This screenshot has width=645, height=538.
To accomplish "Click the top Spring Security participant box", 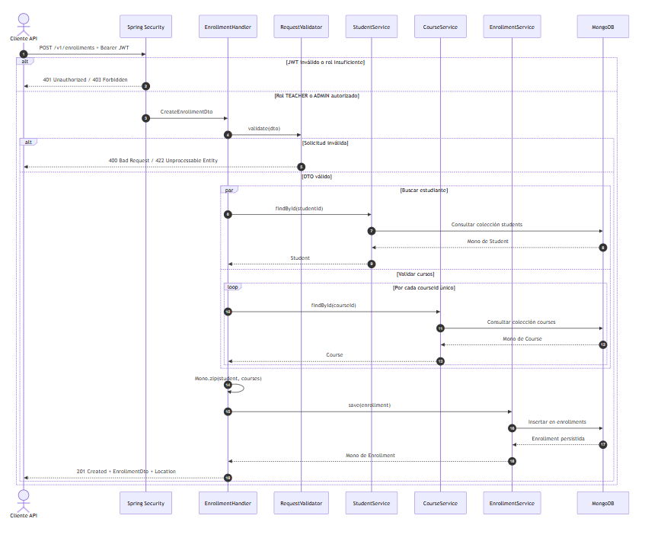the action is (145, 27).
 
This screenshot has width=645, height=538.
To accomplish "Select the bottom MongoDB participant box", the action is (602, 503).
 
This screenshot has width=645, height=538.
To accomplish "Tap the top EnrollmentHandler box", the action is (228, 27).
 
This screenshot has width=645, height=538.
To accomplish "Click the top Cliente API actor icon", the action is (24, 24).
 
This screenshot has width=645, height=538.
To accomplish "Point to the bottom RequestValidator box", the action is (301, 503).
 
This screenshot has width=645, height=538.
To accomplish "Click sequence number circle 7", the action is (372, 231).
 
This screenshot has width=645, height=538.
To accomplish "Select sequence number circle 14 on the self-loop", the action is (228, 385).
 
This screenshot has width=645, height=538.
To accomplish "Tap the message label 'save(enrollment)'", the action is (369, 405).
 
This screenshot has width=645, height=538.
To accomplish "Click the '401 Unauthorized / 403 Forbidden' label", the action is (85, 80).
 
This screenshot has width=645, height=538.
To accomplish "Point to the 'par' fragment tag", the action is (229, 190).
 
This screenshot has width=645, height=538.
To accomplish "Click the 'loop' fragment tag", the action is (232, 287).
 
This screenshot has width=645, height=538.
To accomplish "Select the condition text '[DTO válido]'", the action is (317, 177).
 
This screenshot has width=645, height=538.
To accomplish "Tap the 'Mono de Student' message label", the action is (488, 242).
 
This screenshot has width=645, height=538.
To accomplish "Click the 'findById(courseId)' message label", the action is (334, 306).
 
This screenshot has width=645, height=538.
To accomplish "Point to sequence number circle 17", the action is (603, 444).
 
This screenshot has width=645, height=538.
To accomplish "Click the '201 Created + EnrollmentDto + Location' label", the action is (126, 471).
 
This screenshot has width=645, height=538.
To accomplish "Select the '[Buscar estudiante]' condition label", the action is (424, 191).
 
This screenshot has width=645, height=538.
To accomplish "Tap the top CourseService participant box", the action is (440, 27).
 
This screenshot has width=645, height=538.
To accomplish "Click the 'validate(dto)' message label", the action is (264, 129).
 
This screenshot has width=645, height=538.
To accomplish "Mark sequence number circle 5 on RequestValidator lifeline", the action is (301, 167).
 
